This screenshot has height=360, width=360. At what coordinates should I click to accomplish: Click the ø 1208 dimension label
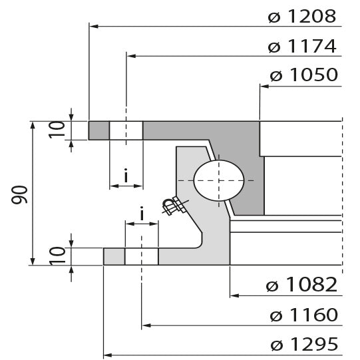303,16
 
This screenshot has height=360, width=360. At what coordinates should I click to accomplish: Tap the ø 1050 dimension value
303,75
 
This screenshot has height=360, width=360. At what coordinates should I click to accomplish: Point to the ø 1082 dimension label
303,285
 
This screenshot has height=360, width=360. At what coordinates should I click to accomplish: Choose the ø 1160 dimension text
303,315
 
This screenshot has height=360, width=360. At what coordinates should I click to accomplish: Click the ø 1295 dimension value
303,345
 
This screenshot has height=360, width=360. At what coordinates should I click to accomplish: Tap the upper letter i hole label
126,176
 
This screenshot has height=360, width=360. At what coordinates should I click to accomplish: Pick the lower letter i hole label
142,213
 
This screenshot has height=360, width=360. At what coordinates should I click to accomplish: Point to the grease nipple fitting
174,206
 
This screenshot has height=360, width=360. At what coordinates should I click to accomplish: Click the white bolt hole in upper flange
126,130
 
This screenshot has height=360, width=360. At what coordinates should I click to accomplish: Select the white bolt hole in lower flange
142,256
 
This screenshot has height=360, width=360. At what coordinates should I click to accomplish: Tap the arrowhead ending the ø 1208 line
93,27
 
